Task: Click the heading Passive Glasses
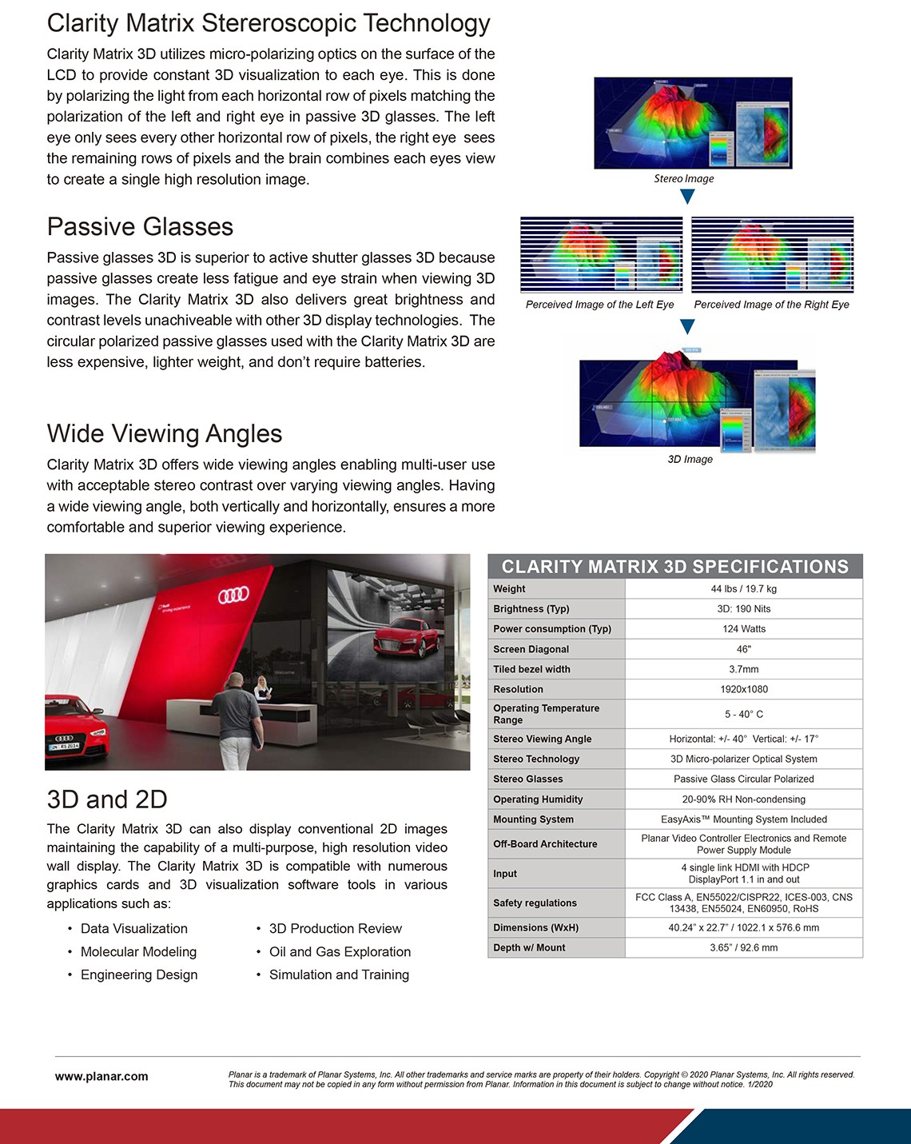[x=140, y=227]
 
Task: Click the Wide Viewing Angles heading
[x=165, y=433]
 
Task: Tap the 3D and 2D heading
[x=107, y=799]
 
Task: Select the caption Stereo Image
[x=683, y=179]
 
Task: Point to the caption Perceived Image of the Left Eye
[x=599, y=305]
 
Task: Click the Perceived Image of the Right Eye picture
[x=772, y=254]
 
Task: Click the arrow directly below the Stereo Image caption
[x=686, y=197]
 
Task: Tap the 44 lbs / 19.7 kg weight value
[x=743, y=589]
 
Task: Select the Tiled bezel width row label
[x=531, y=669]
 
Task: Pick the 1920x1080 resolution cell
[x=743, y=689]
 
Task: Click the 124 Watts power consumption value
[x=743, y=629]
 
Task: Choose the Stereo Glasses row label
[x=527, y=779]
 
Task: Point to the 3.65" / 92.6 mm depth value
[x=743, y=947]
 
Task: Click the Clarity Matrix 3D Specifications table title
[x=674, y=567]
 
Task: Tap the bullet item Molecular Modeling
[x=138, y=951]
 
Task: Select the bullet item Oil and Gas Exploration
[x=340, y=951]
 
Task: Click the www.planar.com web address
[x=101, y=1076]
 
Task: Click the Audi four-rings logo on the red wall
[x=233, y=595]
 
